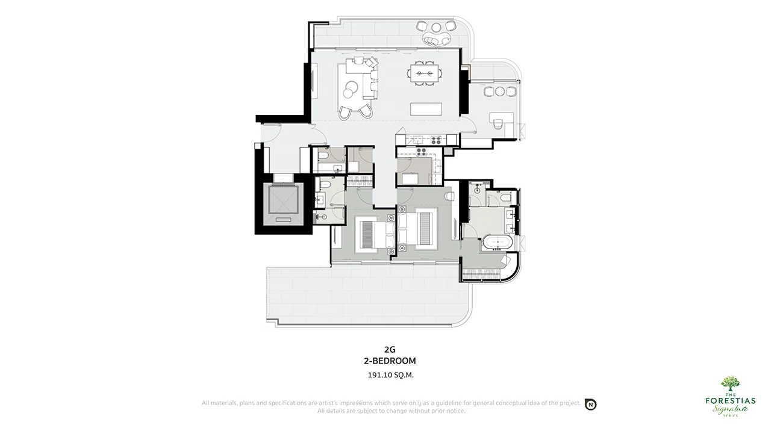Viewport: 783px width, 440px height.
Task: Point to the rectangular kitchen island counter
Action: point(426,109)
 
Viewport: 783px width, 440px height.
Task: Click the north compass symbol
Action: point(591,404)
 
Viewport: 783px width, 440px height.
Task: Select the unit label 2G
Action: point(390,350)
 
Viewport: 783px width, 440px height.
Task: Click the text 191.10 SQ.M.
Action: point(390,375)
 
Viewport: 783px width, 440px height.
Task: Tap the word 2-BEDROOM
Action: point(390,361)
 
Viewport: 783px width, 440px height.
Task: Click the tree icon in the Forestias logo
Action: point(730,383)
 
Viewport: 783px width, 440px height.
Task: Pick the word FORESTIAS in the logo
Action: point(730,400)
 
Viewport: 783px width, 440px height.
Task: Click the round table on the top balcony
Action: point(436,27)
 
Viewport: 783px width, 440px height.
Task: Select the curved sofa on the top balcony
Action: point(436,40)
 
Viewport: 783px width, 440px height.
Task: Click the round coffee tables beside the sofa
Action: point(350,88)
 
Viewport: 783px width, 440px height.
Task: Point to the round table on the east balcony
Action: point(500,91)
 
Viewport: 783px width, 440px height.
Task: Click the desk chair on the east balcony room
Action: point(498,124)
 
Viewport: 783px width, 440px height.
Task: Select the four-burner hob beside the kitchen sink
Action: point(435,140)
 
